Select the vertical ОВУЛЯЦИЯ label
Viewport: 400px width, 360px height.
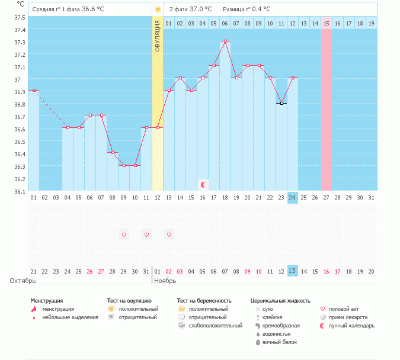(158, 36)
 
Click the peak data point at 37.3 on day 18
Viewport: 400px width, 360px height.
(225, 41)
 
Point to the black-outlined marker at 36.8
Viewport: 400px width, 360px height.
(281, 103)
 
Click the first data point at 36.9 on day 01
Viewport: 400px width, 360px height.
(34, 90)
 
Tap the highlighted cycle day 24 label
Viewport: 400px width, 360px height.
(292, 197)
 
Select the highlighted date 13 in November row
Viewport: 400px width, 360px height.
(292, 271)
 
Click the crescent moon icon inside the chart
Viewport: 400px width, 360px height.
(203, 185)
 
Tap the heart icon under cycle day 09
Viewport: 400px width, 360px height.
(124, 235)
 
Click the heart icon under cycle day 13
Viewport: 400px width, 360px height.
(169, 235)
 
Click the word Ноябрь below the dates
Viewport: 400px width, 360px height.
(165, 281)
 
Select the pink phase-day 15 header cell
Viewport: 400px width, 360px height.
(326, 23)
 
